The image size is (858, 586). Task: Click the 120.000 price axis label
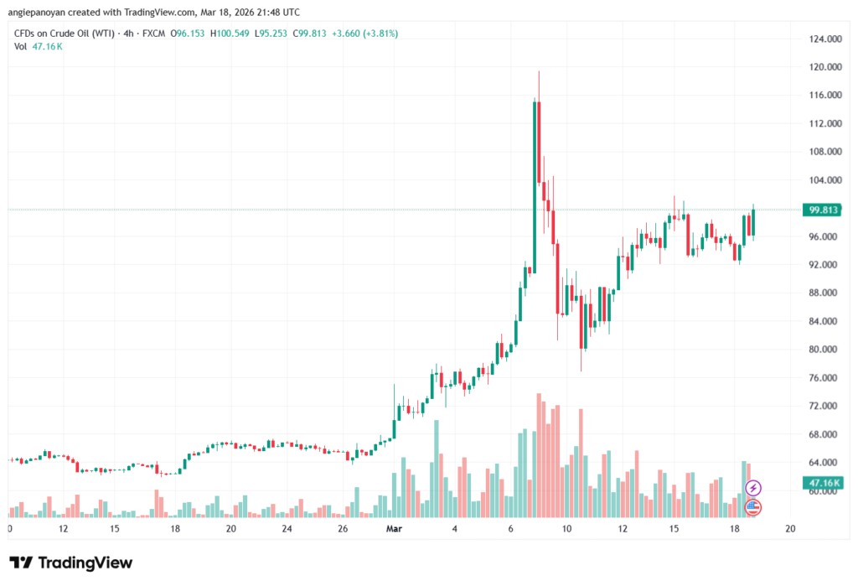[825, 67]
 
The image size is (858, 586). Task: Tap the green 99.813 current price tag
[823, 210]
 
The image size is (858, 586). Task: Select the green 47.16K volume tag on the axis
[823, 483]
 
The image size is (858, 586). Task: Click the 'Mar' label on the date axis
[394, 528]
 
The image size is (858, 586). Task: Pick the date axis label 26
[343, 528]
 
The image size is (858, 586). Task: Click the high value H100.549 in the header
[230, 34]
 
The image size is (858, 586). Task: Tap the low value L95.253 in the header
[271, 34]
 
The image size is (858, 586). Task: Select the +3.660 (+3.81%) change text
[365, 34]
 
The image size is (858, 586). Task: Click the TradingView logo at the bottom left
[71, 563]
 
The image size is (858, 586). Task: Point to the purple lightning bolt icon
[753, 487]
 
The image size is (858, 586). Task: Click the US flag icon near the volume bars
[753, 507]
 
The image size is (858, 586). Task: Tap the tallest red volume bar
[539, 455]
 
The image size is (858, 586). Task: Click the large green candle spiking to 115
[535, 186]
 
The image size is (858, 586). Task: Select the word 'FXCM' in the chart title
[154, 34]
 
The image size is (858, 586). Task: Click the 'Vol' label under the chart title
[20, 47]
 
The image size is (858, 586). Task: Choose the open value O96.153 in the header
[187, 34]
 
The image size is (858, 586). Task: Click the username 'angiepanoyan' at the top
[36, 12]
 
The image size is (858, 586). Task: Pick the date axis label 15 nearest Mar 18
[674, 528]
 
